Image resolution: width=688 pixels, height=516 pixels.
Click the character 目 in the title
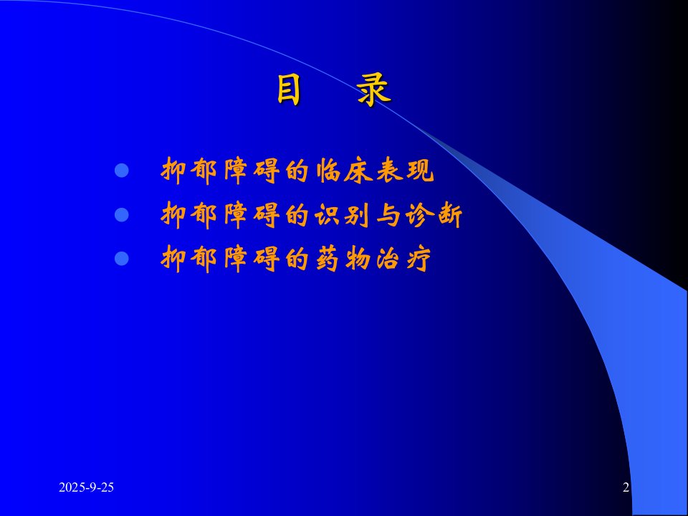[289, 90]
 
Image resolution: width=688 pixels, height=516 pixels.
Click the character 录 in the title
[373, 90]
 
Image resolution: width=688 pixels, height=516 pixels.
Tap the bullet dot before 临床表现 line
[122, 171]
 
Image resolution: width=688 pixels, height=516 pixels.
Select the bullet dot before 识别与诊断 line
[122, 214]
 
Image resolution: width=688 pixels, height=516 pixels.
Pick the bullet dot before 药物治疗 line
[122, 258]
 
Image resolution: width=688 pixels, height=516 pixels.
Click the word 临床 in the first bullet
[343, 171]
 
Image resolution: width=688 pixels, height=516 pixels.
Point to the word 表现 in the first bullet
[405, 171]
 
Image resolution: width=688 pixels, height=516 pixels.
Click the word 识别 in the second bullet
[343, 215]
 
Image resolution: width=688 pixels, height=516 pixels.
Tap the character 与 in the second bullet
[388, 216]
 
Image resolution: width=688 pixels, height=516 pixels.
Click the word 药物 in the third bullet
[343, 259]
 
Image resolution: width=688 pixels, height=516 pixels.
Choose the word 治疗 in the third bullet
[403, 259]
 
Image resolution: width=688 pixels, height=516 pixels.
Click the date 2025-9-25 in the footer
[87, 487]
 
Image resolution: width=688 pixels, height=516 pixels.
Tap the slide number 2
[626, 487]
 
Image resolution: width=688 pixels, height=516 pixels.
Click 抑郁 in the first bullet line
[189, 171]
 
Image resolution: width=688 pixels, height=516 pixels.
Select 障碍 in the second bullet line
[252, 215]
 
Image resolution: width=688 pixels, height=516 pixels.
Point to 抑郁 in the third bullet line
[189, 259]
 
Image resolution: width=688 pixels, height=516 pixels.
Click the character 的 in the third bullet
[297, 259]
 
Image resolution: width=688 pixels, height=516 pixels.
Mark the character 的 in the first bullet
[297, 171]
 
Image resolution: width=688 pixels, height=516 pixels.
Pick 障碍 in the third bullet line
[252, 259]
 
